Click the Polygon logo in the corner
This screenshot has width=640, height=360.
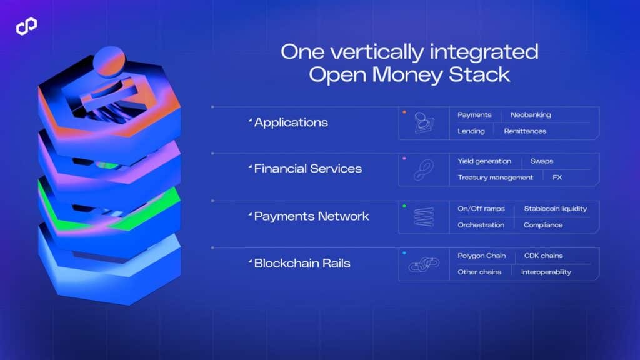[x=26, y=26]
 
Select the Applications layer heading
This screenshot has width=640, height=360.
[x=291, y=122]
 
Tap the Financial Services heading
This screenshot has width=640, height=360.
[x=307, y=169]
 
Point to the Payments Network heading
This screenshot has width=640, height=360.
[x=311, y=216]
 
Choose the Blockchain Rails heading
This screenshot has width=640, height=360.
[x=302, y=263]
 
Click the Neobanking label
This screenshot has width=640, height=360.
[x=531, y=115]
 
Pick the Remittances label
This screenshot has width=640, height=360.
[x=525, y=131]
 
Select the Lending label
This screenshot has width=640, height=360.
[x=471, y=131]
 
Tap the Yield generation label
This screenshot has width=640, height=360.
[x=484, y=161]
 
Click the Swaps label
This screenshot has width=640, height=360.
[x=542, y=161]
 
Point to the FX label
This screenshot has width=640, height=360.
[x=557, y=177]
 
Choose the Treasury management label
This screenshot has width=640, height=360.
[x=495, y=177]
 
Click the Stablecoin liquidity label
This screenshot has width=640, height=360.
[x=555, y=209]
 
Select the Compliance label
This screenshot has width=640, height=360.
[x=543, y=225]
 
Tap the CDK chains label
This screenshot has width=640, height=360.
[x=544, y=256]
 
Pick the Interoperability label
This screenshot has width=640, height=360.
[x=546, y=272]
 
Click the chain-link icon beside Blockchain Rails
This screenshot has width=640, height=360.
[x=424, y=264]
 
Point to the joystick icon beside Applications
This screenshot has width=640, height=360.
[x=424, y=123]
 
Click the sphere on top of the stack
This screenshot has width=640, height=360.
[x=109, y=61]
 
